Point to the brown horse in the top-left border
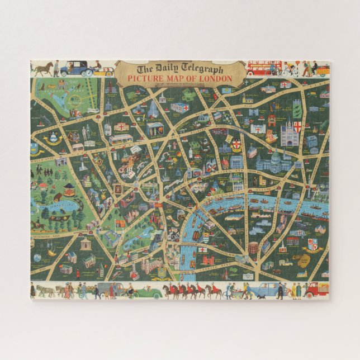42,69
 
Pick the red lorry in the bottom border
317,289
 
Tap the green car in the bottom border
148,292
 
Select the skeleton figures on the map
86,132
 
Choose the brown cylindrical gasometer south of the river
253,249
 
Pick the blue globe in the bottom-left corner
37,258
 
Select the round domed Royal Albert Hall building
86,243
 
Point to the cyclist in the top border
288,69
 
